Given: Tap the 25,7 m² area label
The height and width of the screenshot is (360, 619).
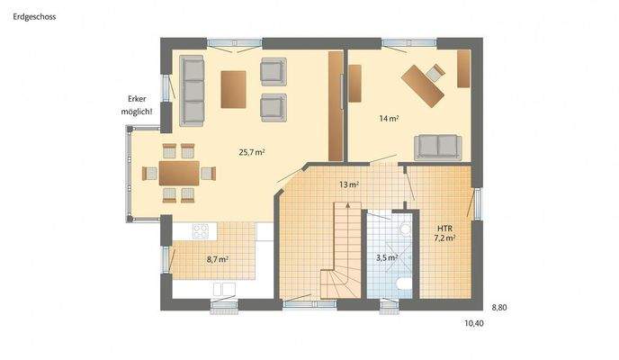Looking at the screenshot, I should click(x=251, y=152).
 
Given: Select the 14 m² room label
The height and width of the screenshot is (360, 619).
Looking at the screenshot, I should click(x=390, y=118).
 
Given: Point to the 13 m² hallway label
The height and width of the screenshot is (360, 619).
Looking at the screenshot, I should click(x=349, y=184).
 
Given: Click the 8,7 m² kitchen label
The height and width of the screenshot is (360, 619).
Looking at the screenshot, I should click(x=217, y=259).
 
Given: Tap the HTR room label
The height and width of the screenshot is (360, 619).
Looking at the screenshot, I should click(x=444, y=228).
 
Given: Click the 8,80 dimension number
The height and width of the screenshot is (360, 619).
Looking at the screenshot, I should click(x=499, y=308).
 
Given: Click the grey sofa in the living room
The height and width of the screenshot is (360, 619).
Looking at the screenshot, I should click(x=191, y=90).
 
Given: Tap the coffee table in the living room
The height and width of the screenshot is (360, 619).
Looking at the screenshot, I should click(x=234, y=89).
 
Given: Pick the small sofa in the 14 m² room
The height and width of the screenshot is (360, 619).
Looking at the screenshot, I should click(x=437, y=147).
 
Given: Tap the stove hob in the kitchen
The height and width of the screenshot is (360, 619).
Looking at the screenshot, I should click(x=199, y=231).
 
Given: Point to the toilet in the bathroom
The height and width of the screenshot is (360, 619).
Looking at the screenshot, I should click(x=404, y=286).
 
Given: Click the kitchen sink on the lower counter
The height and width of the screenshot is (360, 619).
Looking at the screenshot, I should click(x=223, y=289).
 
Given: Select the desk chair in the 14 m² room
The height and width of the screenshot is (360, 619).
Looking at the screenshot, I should click(x=436, y=71).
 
